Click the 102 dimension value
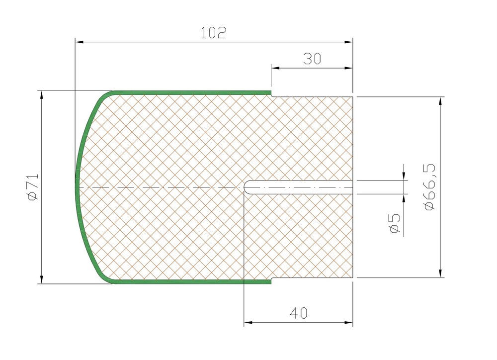[x=214, y=33]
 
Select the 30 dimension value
[x=312, y=59]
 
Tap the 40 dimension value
[x=299, y=313]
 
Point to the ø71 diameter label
[x=33, y=187]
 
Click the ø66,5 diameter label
[x=429, y=187]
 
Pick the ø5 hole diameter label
[x=395, y=224]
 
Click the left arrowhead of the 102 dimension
[x=80, y=42]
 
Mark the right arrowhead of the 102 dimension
[x=348, y=42]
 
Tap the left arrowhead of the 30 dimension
[x=275, y=68]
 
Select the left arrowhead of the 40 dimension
[x=248, y=323]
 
